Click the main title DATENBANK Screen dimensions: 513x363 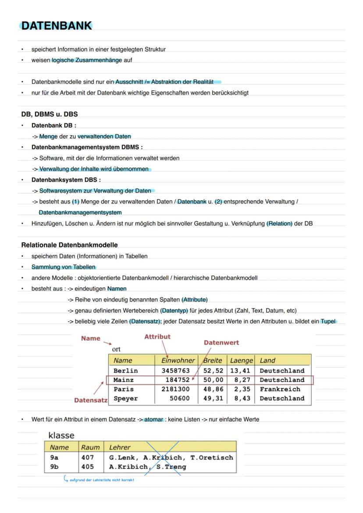pos(57,26)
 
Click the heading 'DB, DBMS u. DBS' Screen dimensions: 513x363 pos(50,114)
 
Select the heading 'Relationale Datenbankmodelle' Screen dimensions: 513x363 pos(69,245)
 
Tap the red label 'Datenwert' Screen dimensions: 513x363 pos(221,343)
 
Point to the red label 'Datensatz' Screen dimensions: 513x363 pos(91,400)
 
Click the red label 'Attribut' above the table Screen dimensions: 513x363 pos(157,336)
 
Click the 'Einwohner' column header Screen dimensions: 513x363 pos(178,361)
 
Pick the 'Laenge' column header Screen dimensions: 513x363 pos(242,361)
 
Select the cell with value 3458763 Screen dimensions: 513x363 pos(176,371)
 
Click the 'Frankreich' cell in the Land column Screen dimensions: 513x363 pos(280,389)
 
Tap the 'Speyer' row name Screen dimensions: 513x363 pos(125,399)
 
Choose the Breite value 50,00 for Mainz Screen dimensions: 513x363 pos(213,380)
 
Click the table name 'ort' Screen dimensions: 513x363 pos(116,350)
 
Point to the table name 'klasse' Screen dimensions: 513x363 pos(61,435)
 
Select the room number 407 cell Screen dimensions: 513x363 pos(88,457)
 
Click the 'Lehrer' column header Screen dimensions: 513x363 pos(120,447)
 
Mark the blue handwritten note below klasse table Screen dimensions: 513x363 pos(101,480)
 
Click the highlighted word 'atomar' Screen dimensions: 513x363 pos(153,419)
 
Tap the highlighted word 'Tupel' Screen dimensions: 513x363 pos(328,322)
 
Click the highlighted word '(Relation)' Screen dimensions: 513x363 pos(279,223)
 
